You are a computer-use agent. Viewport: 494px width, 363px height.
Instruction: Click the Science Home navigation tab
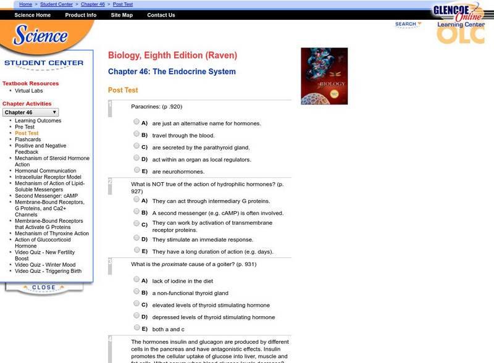32,15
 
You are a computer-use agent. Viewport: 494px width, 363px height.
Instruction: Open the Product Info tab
80,15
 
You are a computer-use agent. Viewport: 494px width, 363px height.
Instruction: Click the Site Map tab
122,15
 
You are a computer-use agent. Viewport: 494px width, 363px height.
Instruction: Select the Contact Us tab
161,15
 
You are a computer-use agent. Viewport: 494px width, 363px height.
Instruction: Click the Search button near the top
408,25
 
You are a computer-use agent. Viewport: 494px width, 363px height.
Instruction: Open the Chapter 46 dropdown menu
31,112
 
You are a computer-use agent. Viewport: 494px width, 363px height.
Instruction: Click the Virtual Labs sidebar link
29,91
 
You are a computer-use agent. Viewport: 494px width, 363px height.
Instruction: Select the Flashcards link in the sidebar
28,140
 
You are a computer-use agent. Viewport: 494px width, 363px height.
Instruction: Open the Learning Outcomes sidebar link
38,121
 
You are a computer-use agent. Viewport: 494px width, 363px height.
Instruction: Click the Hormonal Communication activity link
46,171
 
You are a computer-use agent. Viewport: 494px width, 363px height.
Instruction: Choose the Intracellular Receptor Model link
48,177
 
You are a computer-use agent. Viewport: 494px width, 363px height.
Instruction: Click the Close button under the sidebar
43,288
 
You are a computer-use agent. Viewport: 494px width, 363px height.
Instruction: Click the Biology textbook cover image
324,76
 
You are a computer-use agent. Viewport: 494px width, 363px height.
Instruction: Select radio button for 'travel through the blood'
136,134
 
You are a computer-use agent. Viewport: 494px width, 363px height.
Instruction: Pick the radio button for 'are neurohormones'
136,170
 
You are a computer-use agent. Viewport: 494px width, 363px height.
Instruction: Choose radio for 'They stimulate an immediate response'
136,238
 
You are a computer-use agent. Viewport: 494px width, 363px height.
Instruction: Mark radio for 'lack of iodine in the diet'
136,280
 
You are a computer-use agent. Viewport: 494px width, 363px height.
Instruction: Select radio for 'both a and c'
136,328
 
